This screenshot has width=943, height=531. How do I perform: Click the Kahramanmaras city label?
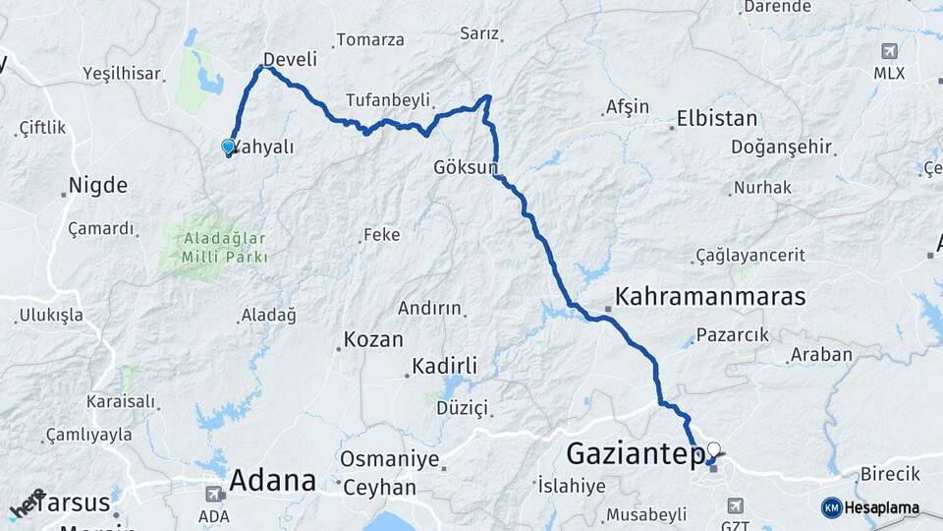tap(710, 296)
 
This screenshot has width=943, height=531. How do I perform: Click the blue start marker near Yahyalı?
tap(228, 147)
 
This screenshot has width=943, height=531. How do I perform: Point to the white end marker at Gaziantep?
tap(713, 450)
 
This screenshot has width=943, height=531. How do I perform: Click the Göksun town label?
tap(466, 167)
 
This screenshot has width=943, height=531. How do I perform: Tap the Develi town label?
tap(291, 59)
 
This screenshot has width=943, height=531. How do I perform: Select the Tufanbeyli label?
tap(388, 100)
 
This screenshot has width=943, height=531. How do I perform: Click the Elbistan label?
tap(717, 120)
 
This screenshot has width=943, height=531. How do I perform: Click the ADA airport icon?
tap(213, 494)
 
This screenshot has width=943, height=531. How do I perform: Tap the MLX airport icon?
tap(889, 51)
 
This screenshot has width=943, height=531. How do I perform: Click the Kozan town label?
tap(373, 340)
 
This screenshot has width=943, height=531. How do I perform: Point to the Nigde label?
tap(97, 185)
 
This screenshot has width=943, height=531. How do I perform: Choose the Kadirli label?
tap(444, 366)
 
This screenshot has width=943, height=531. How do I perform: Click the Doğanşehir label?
tap(781, 147)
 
